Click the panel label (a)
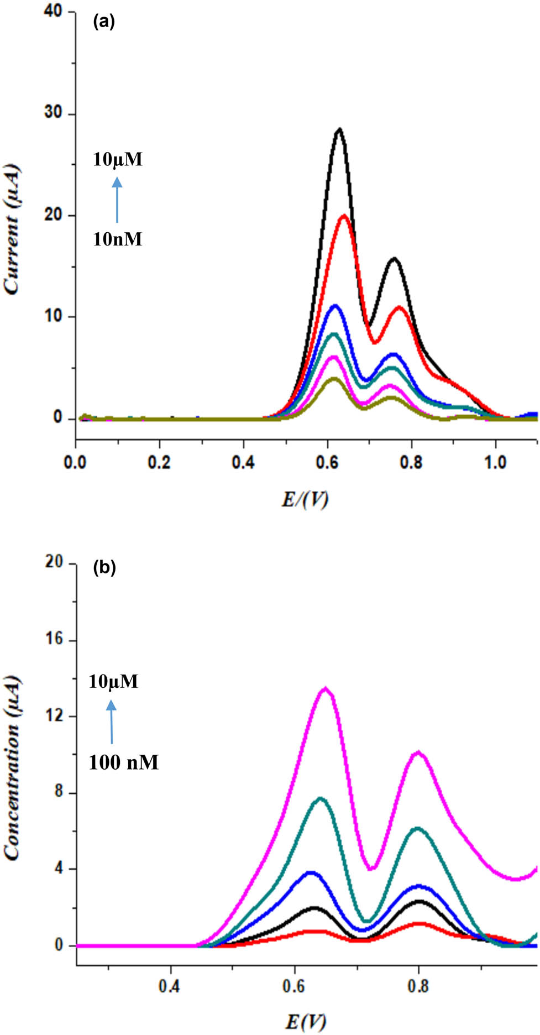pos(104,22)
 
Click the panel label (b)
pos(104,567)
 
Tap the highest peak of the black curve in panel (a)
pos(340,129)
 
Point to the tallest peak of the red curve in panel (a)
pos(344,216)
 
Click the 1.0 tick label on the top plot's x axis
pos(495,462)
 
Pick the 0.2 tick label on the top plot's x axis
pos(159,462)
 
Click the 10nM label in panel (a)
pos(117,239)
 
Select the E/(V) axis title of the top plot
pos(305,499)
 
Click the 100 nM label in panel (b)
pos(124,762)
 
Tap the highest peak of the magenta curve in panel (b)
pos(326,688)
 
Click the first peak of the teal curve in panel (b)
pos(321,798)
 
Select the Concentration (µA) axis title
pos(12,769)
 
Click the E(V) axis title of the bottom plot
pos(305,1022)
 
